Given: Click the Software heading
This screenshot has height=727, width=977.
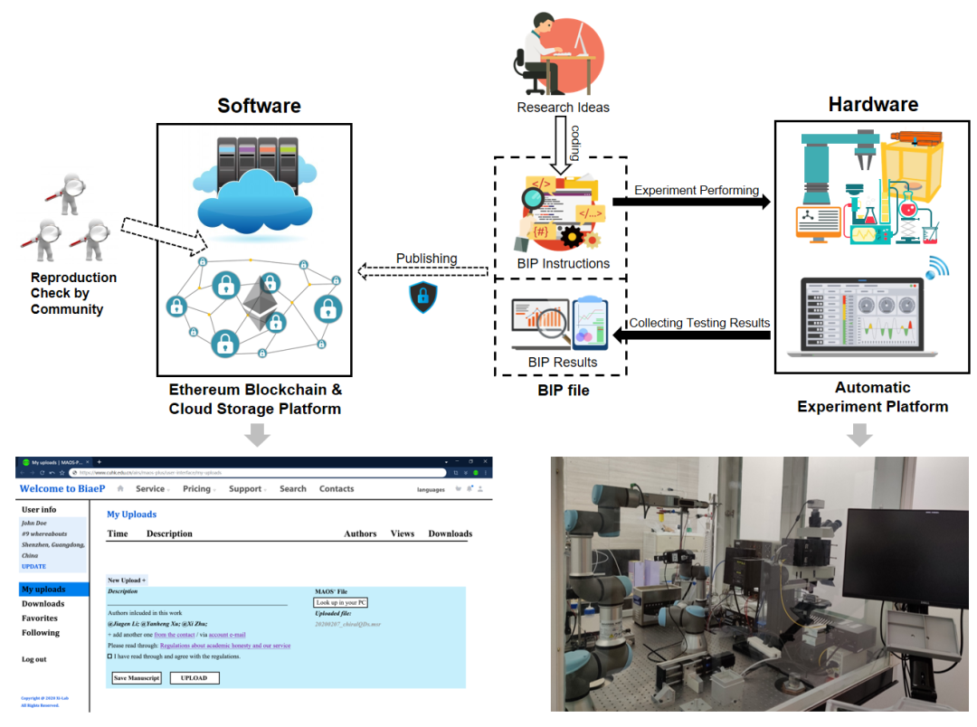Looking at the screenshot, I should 259,106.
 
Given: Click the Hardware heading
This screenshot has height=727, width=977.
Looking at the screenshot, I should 873,104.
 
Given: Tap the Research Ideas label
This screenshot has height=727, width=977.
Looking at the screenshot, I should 563,108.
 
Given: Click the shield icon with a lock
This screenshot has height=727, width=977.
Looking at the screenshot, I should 422,297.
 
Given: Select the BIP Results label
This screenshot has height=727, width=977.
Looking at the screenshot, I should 563,363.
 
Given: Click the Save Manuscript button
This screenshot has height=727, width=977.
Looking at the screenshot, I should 137,677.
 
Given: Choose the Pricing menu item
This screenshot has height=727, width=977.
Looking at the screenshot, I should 196,489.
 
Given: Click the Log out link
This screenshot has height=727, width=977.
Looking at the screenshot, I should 34,659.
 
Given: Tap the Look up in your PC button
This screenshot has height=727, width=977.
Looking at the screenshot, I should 341,602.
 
